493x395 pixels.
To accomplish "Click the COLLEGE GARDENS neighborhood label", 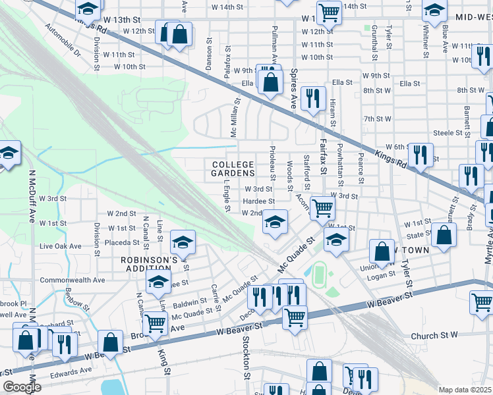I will click(x=233, y=169).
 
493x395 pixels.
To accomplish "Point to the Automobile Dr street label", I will click(x=62, y=40).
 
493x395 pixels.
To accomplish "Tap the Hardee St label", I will click(x=258, y=201).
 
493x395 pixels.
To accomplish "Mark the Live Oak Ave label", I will click(x=61, y=246).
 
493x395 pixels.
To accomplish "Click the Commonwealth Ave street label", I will click(x=72, y=280).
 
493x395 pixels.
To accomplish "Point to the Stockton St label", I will click(x=246, y=352).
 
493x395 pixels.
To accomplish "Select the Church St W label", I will click(x=434, y=335).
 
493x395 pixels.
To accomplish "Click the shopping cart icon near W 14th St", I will click(x=328, y=11).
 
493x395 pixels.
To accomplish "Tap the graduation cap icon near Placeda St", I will click(x=183, y=241).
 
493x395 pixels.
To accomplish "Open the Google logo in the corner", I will click(x=22, y=387).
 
